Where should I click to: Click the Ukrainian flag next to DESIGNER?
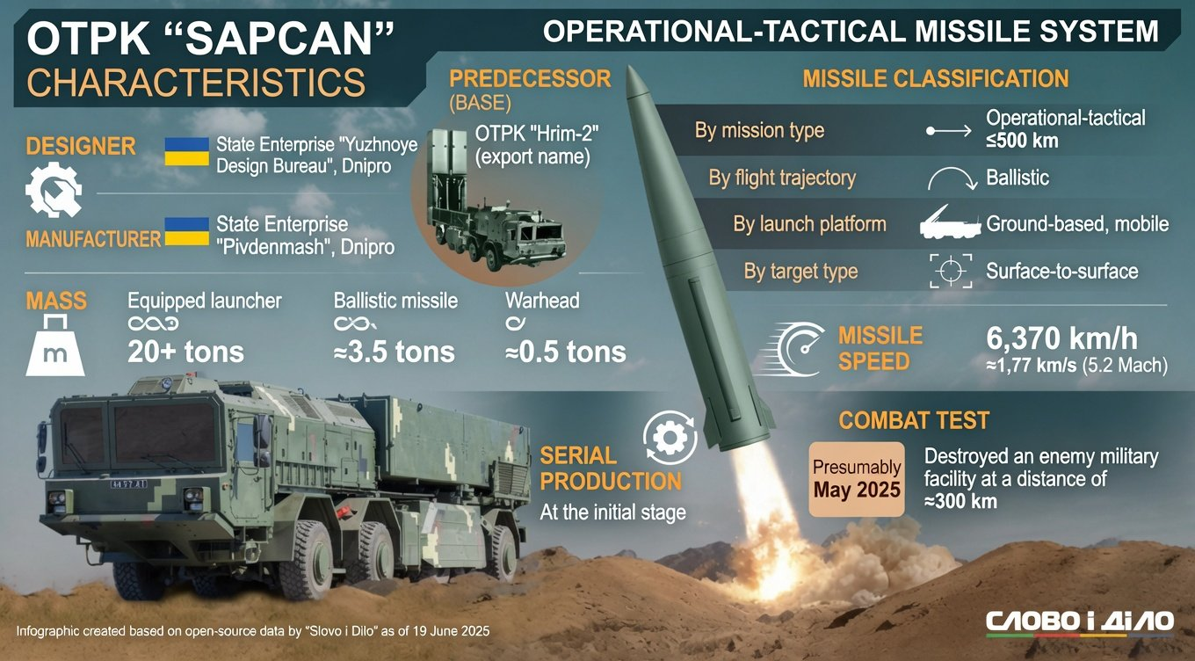click(186, 151)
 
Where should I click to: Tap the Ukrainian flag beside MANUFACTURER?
click(186, 231)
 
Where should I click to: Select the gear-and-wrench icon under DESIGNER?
click(54, 189)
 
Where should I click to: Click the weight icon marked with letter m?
click(55, 345)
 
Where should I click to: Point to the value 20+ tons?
click(185, 352)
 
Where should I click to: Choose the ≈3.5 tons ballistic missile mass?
click(395, 352)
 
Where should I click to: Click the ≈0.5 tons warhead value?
click(566, 352)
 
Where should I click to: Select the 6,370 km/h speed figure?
click(1061, 338)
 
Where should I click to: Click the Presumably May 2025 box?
click(857, 479)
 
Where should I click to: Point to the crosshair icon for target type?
click(951, 271)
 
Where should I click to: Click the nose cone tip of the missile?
click(630, 67)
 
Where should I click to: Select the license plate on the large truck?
click(128, 483)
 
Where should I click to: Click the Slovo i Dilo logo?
click(1080, 623)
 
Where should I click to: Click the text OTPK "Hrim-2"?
click(537, 134)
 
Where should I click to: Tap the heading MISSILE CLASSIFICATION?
click(936, 79)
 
